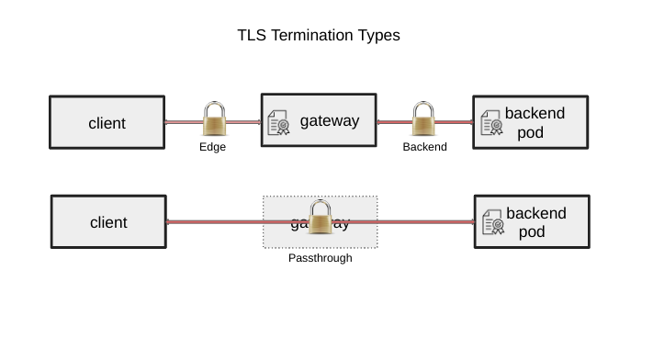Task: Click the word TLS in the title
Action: (252, 36)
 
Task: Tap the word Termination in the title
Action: (312, 36)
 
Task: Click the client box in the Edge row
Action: (107, 122)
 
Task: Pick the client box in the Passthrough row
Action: (108, 221)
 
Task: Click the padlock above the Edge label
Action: (214, 119)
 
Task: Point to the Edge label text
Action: (212, 147)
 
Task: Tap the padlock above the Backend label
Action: (423, 119)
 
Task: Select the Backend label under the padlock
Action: (424, 147)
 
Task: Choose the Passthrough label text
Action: (320, 258)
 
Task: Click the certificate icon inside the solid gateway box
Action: (278, 122)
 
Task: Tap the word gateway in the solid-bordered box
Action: (330, 120)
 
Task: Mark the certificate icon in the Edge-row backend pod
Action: (491, 123)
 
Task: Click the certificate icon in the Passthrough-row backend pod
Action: (493, 222)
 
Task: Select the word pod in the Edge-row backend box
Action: (531, 132)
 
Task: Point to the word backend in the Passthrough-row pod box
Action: (536, 213)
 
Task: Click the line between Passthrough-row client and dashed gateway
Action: (214, 221)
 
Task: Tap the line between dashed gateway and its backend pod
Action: (425, 221)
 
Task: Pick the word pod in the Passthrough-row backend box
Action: (532, 231)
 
